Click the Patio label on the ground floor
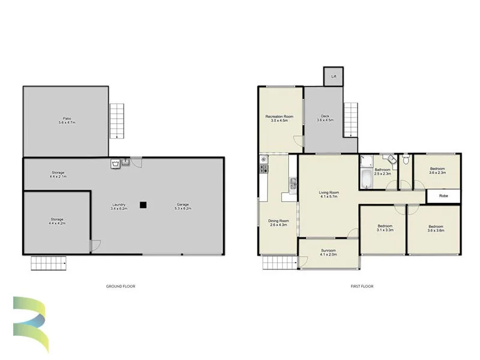click(67, 121)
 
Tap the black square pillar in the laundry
click(143, 205)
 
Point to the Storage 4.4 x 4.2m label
click(58, 221)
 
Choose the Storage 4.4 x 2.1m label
click(58, 175)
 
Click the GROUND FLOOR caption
click(121, 286)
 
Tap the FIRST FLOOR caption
click(362, 286)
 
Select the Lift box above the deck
click(333, 77)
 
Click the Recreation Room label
click(280, 118)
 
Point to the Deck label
click(325, 118)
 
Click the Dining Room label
click(278, 223)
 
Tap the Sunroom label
click(328, 252)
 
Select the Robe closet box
click(444, 196)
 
